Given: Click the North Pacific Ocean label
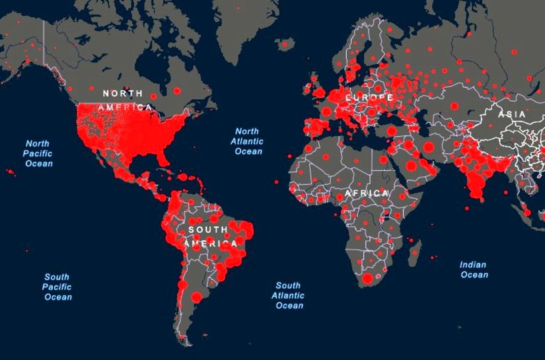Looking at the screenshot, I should (x=39, y=153).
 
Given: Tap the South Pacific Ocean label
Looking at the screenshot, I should (x=57, y=287).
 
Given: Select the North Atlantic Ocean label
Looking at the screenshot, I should (x=248, y=141).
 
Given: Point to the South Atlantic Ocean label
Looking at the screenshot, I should (x=289, y=295).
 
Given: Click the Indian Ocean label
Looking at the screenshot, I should (x=473, y=270).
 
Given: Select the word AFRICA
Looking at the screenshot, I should (x=367, y=193).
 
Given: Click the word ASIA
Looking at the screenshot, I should (x=512, y=114).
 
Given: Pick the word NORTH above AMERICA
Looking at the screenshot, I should (x=122, y=94).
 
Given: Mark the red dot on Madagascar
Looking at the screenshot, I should (x=415, y=251).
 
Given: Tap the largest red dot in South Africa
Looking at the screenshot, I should (x=368, y=279).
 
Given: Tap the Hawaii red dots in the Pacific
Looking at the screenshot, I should (x=11, y=172).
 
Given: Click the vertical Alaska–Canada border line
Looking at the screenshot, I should (x=44, y=46).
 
